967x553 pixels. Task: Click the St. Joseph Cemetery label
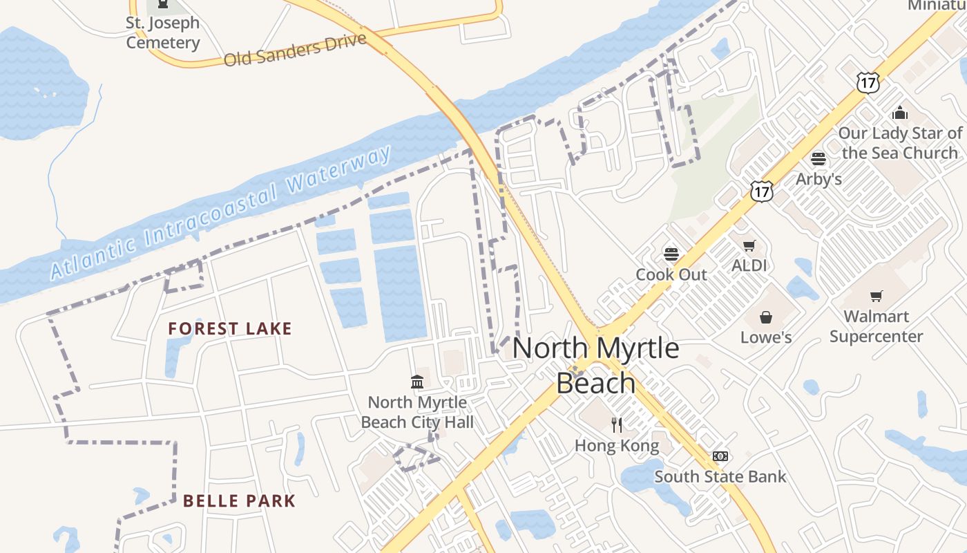click(163, 32)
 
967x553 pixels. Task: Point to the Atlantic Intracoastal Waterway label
click(221, 213)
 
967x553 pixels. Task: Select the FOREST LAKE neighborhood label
click(230, 328)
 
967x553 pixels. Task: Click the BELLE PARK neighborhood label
click(239, 500)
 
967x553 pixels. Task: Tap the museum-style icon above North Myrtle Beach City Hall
click(417, 382)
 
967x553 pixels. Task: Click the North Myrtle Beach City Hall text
click(417, 412)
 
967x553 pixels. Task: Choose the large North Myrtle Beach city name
click(595, 365)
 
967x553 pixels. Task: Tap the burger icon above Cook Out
click(671, 254)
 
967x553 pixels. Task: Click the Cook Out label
click(671, 274)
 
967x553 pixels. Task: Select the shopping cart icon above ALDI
click(749, 245)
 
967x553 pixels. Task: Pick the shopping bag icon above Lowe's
click(766, 317)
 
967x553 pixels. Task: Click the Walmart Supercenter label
click(876, 326)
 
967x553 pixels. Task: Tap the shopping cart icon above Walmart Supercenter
click(877, 297)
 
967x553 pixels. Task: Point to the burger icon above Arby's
click(818, 159)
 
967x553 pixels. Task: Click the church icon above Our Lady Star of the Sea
click(900, 112)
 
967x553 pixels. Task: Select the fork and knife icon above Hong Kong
click(617, 424)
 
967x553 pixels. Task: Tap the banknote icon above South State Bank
click(720, 456)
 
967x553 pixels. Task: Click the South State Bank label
click(720, 476)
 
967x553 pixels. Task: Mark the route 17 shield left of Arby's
click(762, 191)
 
